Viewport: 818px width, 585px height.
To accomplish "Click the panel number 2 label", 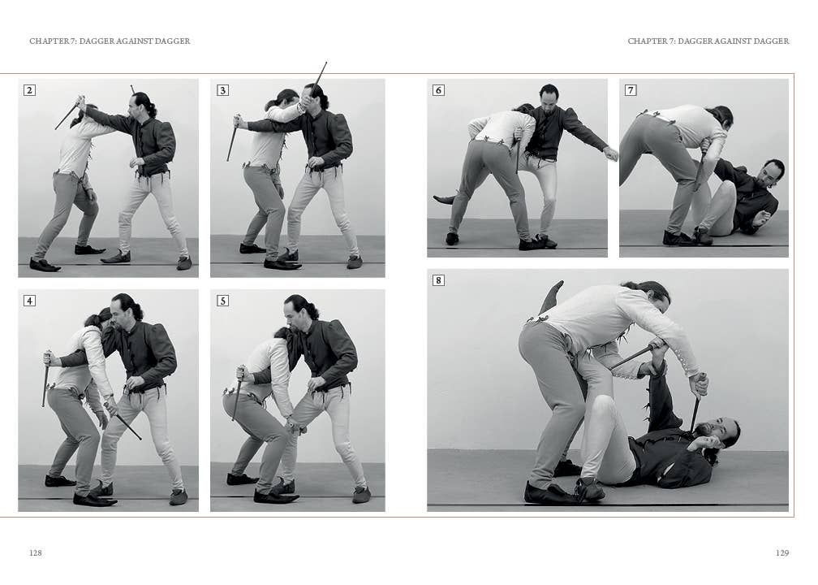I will (29, 90).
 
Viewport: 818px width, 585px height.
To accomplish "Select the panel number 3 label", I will (222, 90).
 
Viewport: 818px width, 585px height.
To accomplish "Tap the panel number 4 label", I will (29, 301).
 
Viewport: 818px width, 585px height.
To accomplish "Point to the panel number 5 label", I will (222, 301).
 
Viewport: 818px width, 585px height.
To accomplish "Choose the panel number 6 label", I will (438, 90).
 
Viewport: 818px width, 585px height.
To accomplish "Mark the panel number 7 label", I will (631, 90).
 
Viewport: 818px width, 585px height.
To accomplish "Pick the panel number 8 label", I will (438, 280).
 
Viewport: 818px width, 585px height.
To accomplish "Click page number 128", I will (36, 552).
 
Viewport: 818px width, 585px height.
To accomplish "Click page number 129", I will (782, 552).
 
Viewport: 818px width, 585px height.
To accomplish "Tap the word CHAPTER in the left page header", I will (47, 41).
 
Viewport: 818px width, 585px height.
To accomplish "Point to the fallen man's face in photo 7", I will (772, 171).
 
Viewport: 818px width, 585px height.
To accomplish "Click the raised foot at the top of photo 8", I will (554, 293).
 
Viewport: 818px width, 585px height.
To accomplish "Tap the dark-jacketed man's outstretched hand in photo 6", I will (612, 153).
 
